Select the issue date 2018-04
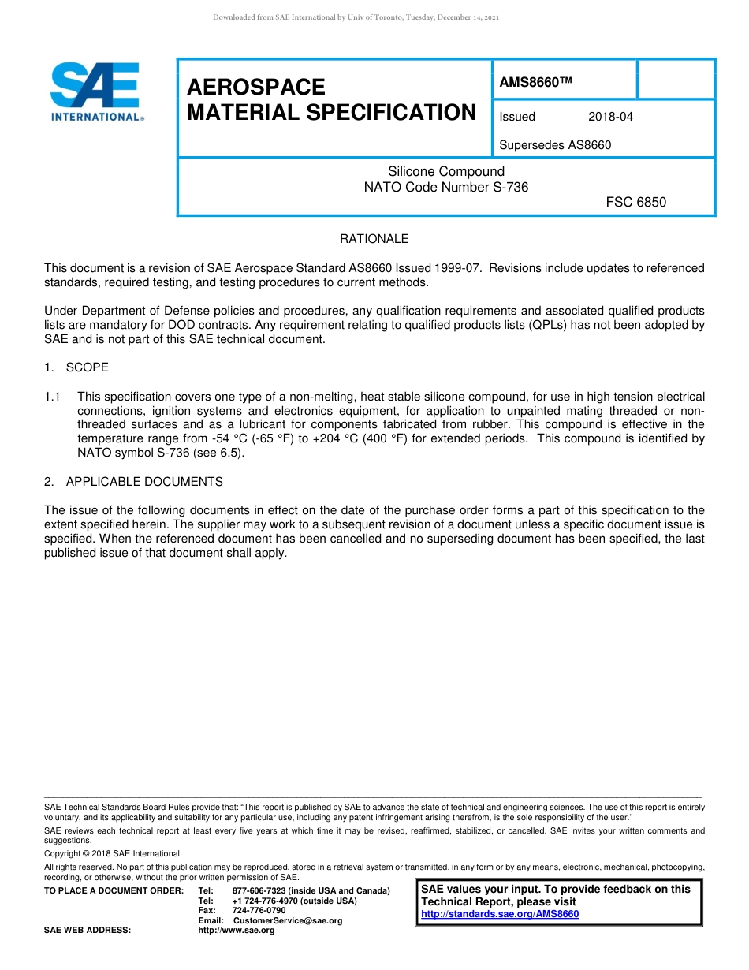coord(610,118)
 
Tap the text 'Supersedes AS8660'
coord(555,145)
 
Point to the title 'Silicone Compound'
coord(446,172)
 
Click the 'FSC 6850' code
coord(635,203)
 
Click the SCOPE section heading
coord(87,367)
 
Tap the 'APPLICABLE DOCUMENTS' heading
coord(144,482)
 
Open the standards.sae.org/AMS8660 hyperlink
coord(500,914)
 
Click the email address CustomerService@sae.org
coord(288,920)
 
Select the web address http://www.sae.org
coord(237,931)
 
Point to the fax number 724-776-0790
coord(259,910)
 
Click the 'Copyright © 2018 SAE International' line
coord(112,853)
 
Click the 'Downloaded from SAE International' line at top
coord(356,17)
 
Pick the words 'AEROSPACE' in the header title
coord(256,87)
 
